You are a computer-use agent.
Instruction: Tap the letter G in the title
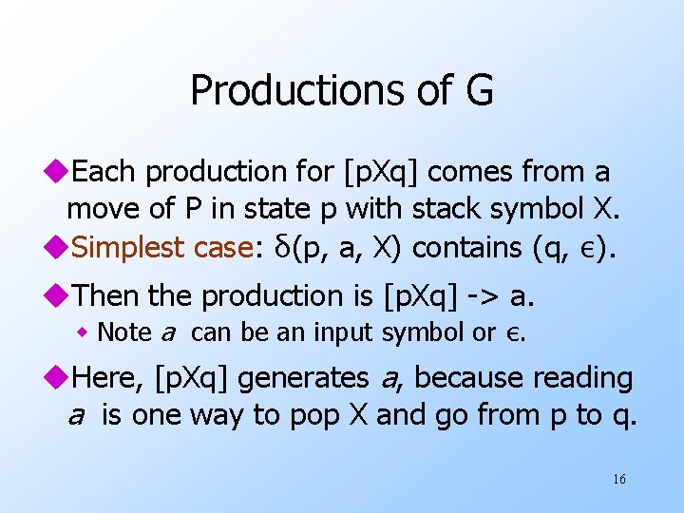[x=478, y=91]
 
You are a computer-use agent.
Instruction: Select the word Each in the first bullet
[x=104, y=172]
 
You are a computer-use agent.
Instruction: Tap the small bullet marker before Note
[x=85, y=332]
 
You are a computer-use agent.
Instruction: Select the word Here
[x=105, y=378]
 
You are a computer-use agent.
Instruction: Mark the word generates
[x=304, y=378]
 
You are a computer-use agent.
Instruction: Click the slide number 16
[x=618, y=479]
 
